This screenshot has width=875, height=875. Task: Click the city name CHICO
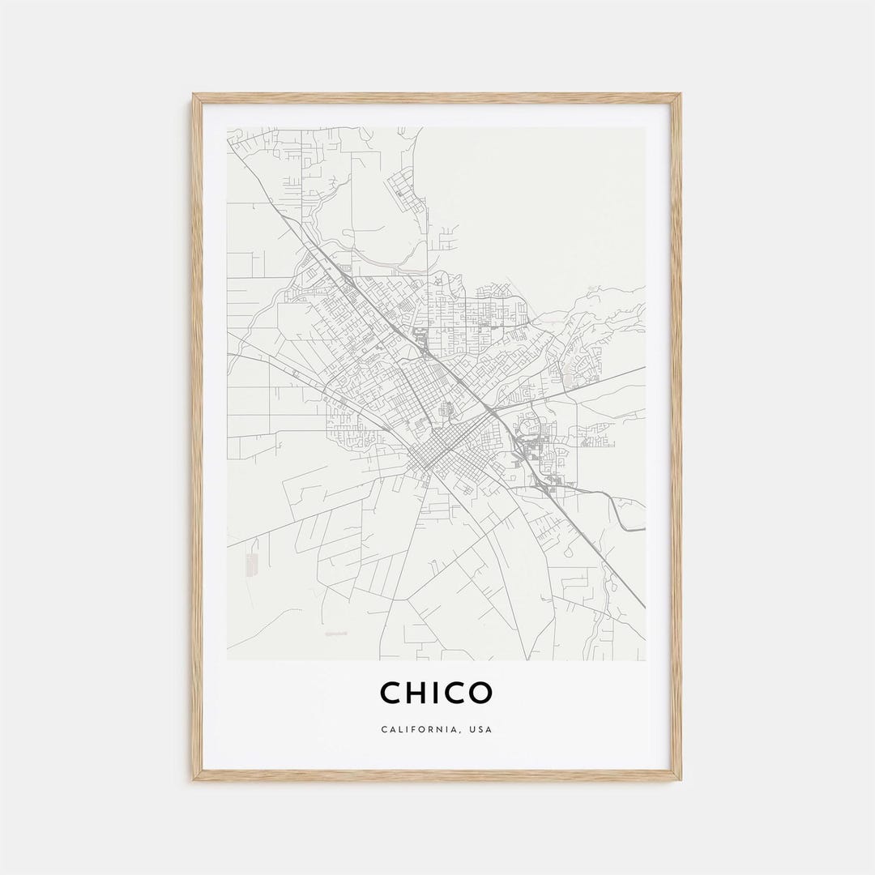pyautogui.click(x=436, y=693)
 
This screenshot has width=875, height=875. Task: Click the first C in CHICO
pyautogui.click(x=393, y=693)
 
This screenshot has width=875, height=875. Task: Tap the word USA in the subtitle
pyautogui.click(x=480, y=729)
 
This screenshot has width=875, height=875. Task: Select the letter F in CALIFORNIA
pyautogui.click(x=412, y=729)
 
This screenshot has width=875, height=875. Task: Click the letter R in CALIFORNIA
pyautogui.click(x=430, y=729)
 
